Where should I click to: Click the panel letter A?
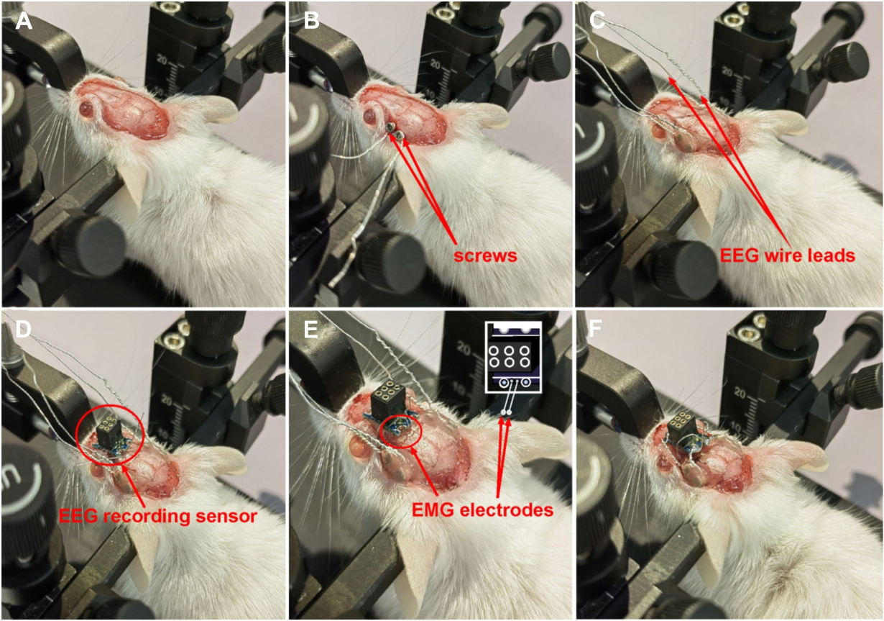tap(23, 22)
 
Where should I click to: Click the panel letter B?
tap(311, 22)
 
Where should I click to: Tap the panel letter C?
tap(597, 22)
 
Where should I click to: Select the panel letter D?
tap(22, 330)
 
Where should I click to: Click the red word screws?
tap(485, 256)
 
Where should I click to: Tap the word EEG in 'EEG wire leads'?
tap(739, 255)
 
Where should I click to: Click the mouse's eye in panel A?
tap(86, 108)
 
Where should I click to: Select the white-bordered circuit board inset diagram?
tap(513, 357)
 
